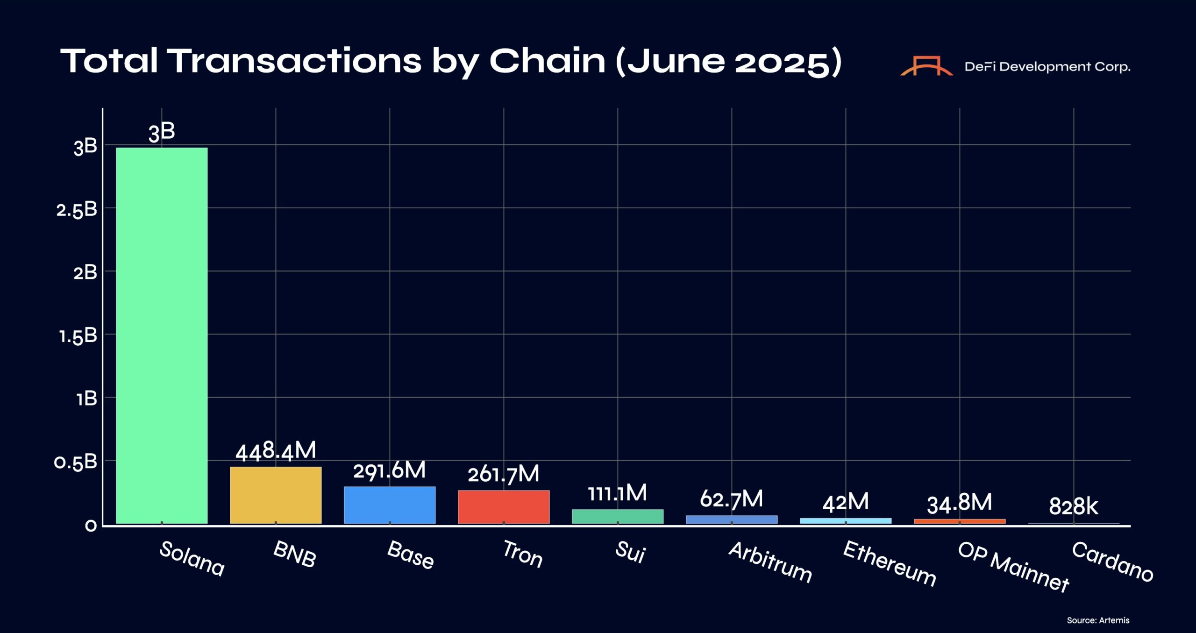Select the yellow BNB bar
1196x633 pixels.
(276, 495)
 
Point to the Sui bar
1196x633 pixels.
(618, 516)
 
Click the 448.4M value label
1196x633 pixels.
(276, 451)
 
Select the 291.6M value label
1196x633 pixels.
(390, 470)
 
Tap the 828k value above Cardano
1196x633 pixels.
(1074, 506)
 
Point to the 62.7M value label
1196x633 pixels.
(732, 499)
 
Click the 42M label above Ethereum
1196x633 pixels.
(846, 503)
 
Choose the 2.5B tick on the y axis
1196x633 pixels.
(77, 210)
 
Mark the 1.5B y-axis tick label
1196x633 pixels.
(78, 336)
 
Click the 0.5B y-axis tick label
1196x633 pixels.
(76, 462)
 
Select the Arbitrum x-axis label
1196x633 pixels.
(770, 562)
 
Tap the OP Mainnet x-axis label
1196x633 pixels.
(1013, 567)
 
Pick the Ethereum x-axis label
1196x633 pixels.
(890, 563)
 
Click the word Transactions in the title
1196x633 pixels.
(294, 61)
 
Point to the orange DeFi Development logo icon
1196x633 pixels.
(926, 66)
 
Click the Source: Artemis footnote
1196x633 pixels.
(1098, 620)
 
